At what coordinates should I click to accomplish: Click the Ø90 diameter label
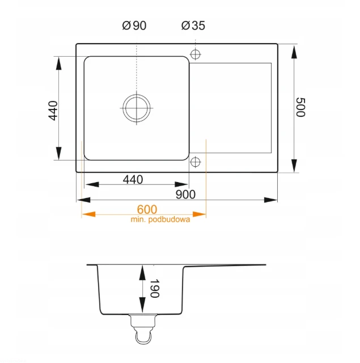tap(134, 26)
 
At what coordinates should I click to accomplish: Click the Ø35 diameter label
tap(193, 26)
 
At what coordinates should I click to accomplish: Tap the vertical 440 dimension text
tap(53, 111)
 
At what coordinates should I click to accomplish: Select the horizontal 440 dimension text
tap(133, 179)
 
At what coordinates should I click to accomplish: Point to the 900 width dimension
tap(185, 194)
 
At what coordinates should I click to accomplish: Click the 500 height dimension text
tap(301, 107)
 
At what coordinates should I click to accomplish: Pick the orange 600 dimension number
tap(147, 209)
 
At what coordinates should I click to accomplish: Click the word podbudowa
tap(169, 220)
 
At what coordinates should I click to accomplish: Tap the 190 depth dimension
tap(155, 288)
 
